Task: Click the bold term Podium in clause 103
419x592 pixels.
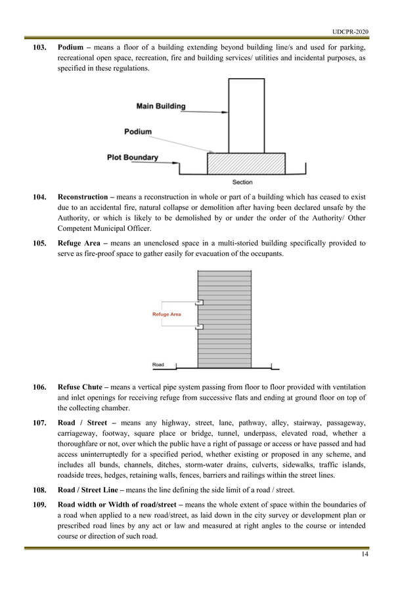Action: (71, 48)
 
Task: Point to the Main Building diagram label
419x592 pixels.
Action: (161, 106)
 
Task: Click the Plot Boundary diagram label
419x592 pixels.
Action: (133, 158)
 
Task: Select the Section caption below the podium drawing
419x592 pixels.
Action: (242, 182)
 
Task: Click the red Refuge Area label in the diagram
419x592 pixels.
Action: (167, 314)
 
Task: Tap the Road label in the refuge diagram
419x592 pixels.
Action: (158, 364)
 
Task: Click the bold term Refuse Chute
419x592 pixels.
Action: (82, 387)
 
